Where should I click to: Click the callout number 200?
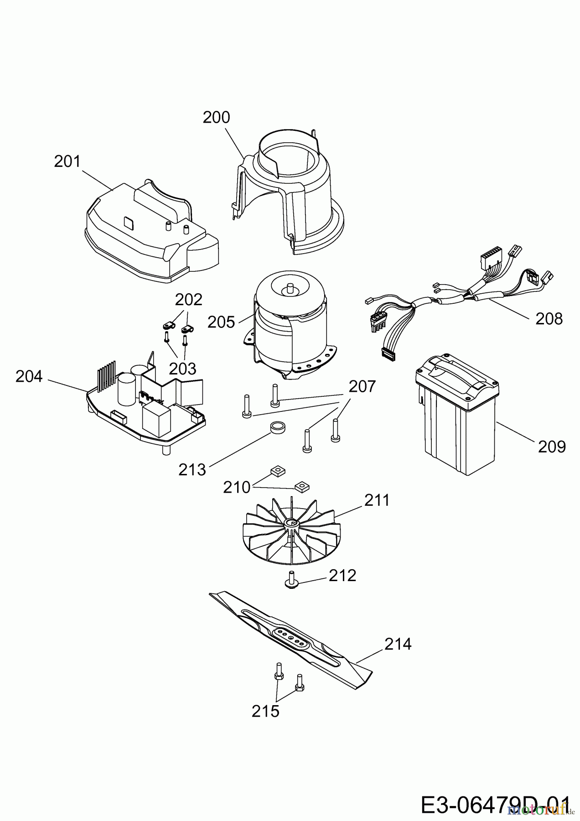click(216, 118)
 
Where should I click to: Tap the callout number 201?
click(67, 161)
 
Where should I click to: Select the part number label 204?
click(29, 377)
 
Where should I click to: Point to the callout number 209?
click(552, 447)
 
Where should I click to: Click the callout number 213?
click(192, 469)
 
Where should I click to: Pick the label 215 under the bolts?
click(265, 711)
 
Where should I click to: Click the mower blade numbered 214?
click(292, 632)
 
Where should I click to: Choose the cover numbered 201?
click(150, 233)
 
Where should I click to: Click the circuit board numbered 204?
click(146, 406)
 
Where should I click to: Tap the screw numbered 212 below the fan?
click(290, 580)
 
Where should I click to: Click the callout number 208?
click(549, 319)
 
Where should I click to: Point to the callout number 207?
click(362, 387)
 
